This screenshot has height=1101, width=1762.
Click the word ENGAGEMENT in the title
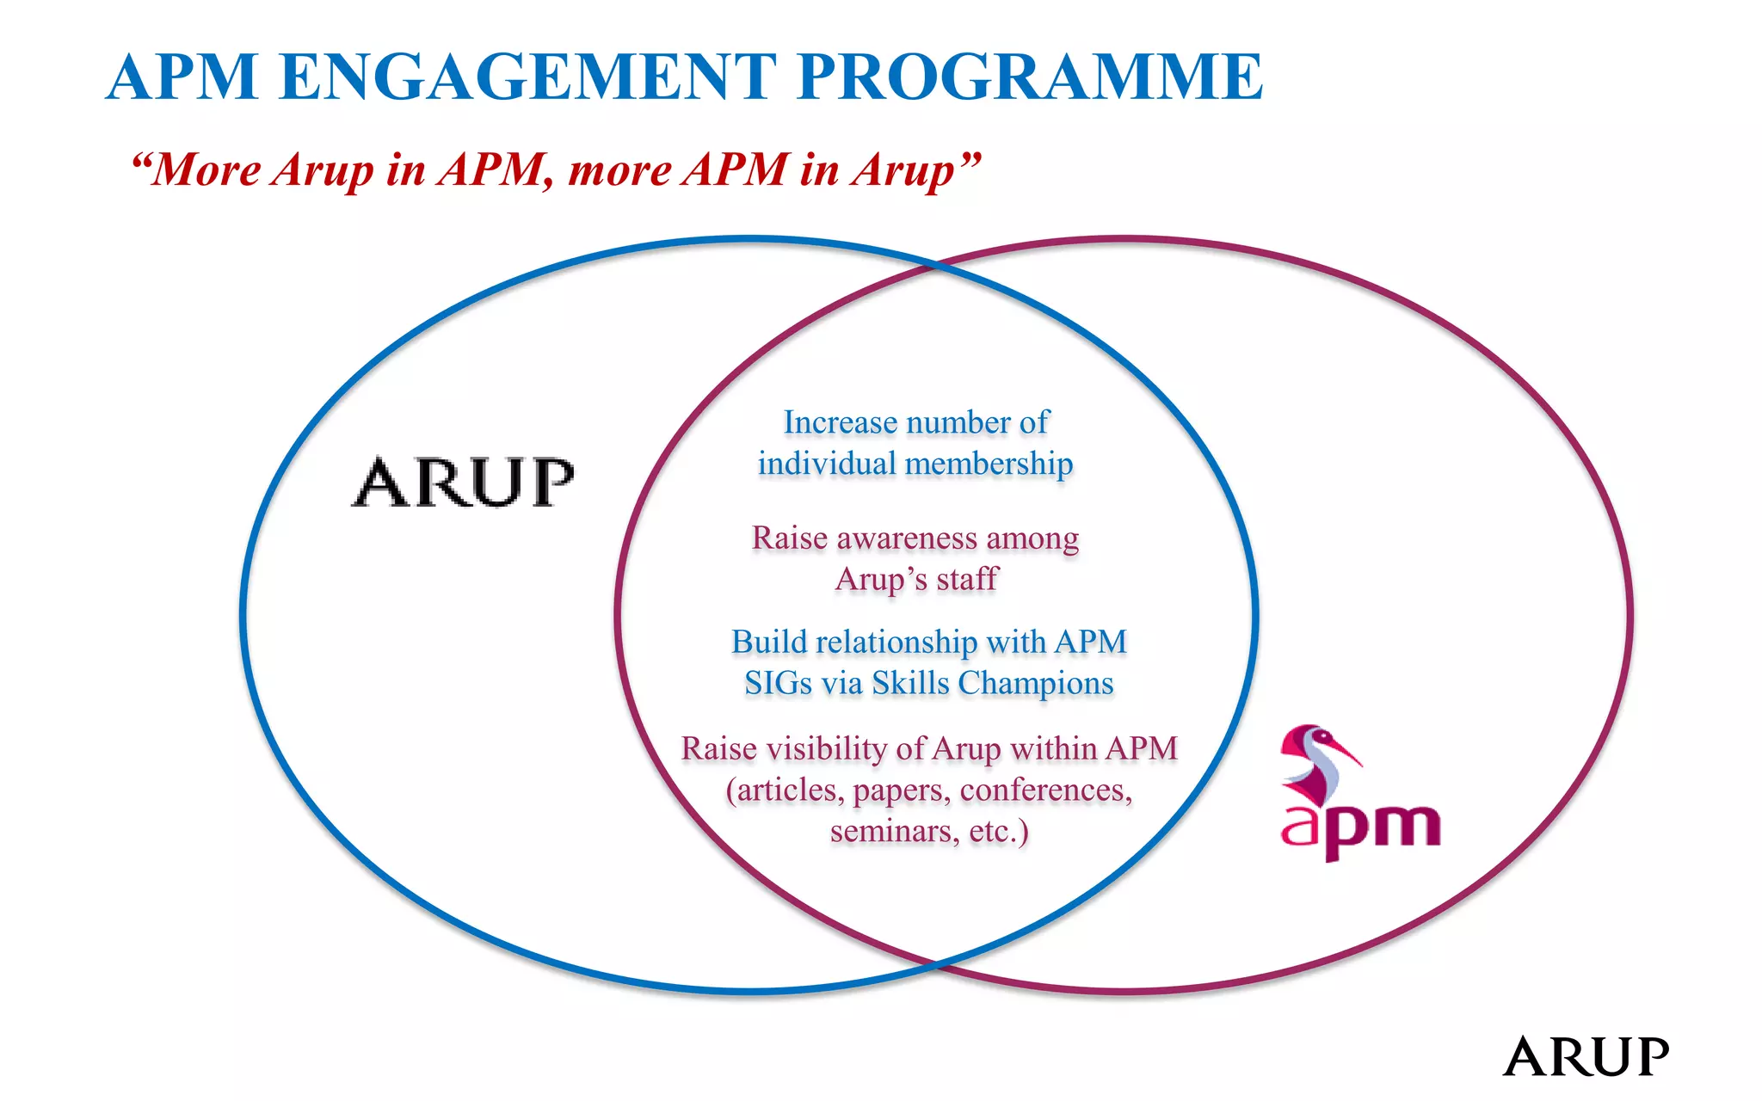[x=527, y=77]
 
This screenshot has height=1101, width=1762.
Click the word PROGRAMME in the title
[x=1029, y=77]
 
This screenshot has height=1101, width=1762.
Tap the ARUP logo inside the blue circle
[x=463, y=483]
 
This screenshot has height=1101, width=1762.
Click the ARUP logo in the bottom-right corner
[x=1585, y=1056]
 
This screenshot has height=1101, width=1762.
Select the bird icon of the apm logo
[x=1316, y=762]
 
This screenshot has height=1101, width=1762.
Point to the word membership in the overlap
[x=989, y=464]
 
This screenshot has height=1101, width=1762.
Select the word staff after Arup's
[x=967, y=580]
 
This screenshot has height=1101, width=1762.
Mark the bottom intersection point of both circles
[x=936, y=963]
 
